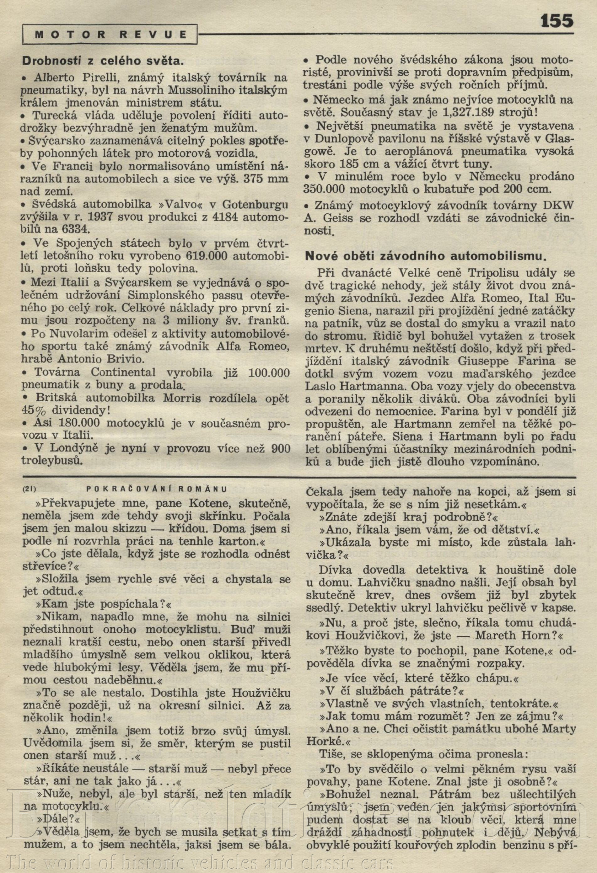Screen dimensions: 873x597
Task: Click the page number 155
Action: pyautogui.click(x=557, y=21)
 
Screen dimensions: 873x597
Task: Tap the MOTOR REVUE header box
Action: pyautogui.click(x=110, y=35)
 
